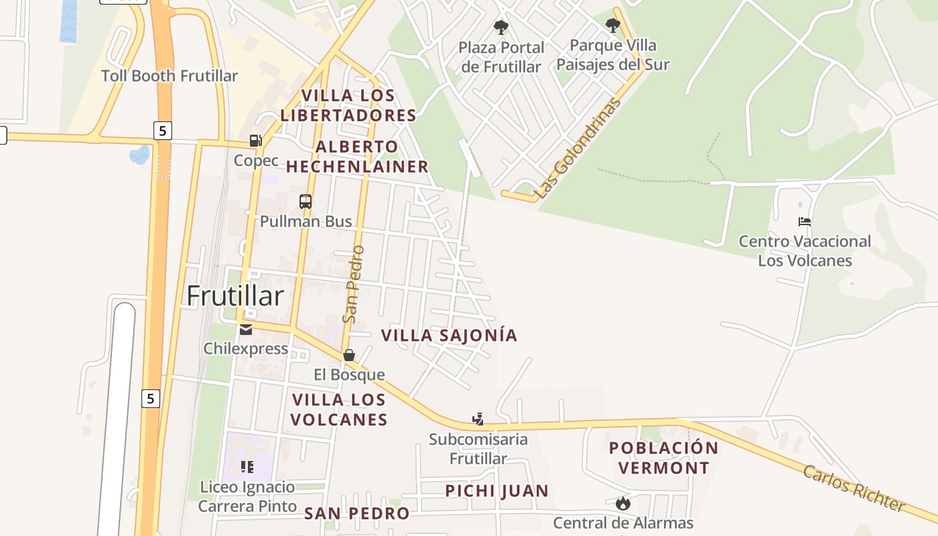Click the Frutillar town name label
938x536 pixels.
pos(235,295)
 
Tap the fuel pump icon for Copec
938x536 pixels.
pos(255,141)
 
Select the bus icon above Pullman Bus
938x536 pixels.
pos(305,201)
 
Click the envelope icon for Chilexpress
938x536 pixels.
pos(245,329)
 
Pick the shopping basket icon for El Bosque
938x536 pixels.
pos(349,355)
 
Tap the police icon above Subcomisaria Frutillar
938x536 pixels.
pos(478,420)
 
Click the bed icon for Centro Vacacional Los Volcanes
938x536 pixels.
pos(805,222)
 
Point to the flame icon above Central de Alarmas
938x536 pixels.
pos(623,503)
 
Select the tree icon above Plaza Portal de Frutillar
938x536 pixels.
pos(500,27)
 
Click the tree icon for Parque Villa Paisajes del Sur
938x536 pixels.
pos(612,25)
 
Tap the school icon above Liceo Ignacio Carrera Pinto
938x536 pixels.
pos(247,466)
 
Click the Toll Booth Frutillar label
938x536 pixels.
pos(170,76)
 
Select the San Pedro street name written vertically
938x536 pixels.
pos(353,284)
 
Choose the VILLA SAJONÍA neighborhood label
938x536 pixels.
pos(449,335)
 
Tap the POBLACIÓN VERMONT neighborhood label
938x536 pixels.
pos(663,458)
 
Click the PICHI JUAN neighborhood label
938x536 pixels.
pos(497,491)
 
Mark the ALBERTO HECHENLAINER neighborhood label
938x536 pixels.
pos(357,157)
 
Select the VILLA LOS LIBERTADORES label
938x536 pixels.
pos(348,105)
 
